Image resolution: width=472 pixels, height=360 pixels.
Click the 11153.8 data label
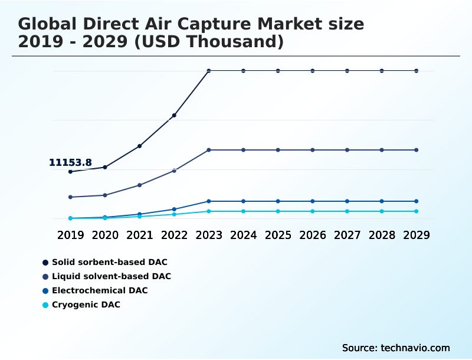[70, 163]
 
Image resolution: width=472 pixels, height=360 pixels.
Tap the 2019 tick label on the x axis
[70, 235]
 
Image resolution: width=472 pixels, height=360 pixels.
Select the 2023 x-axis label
[209, 235]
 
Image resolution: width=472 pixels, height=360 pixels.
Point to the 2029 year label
[417, 235]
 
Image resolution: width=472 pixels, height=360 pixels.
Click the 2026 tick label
[313, 235]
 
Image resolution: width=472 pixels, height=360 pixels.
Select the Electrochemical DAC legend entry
[100, 290]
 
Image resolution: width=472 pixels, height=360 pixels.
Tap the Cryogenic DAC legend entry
[86, 305]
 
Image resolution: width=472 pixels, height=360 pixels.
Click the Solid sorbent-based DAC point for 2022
[174, 116]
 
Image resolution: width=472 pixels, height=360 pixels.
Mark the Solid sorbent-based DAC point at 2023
[209, 71]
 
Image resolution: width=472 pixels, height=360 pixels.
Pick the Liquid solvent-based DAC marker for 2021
[139, 185]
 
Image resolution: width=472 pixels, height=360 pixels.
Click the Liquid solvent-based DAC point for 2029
[417, 150]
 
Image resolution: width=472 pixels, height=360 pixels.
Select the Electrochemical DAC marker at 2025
[278, 201]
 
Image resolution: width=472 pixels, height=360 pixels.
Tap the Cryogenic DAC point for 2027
[348, 211]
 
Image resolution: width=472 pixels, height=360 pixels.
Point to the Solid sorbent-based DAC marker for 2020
[105, 167]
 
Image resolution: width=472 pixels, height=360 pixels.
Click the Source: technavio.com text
[396, 348]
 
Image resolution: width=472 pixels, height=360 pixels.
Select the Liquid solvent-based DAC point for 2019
[70, 197]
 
